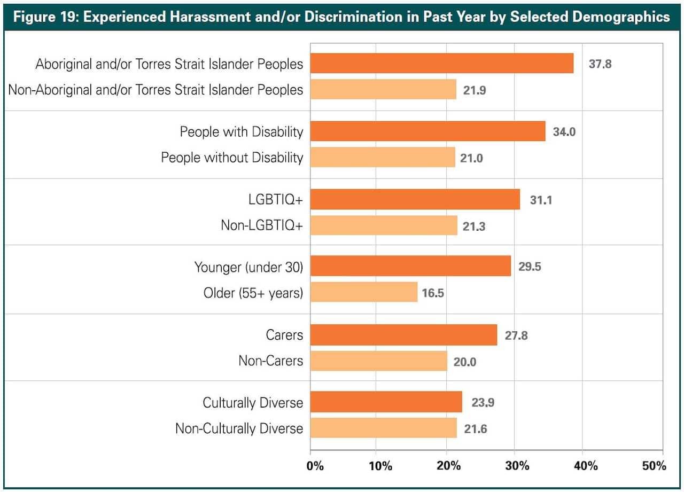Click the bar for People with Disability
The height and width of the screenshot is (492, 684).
[x=428, y=131]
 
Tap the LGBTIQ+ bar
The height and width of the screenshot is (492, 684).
[x=415, y=199]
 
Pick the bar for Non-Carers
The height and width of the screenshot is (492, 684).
[x=378, y=361]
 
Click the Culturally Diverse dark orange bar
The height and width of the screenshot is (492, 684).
[x=386, y=402]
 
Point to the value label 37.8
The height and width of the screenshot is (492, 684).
[x=600, y=64]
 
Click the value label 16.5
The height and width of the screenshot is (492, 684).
[x=433, y=293]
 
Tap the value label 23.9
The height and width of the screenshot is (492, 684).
[x=483, y=402]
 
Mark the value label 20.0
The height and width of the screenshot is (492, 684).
[x=464, y=362]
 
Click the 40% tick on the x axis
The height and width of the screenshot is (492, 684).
[x=586, y=465]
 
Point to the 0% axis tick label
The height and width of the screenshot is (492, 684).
[x=315, y=465]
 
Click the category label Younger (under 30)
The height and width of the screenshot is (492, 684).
[x=248, y=267]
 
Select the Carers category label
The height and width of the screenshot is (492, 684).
[x=284, y=335]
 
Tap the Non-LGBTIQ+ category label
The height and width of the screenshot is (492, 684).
[x=262, y=225]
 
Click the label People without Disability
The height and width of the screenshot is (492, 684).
[x=232, y=158]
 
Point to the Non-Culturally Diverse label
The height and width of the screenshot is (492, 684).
[x=239, y=428]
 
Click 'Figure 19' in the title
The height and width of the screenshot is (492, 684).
[x=44, y=17]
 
